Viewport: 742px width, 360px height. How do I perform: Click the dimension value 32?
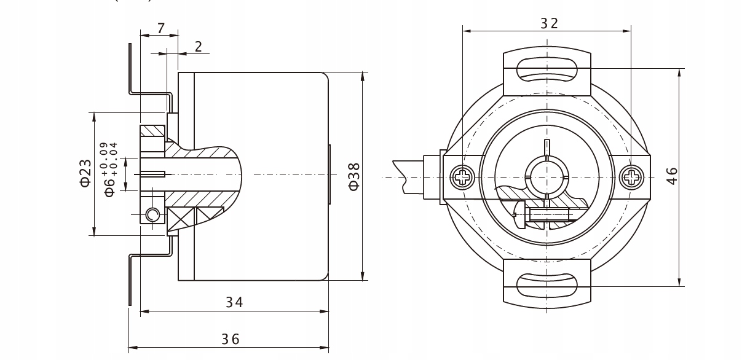click(x=549, y=23)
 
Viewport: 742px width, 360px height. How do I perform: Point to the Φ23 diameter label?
click(x=85, y=173)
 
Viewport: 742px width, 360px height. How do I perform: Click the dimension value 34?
click(x=234, y=302)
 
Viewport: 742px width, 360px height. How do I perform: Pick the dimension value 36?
click(x=231, y=338)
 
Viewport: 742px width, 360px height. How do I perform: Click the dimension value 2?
click(x=198, y=47)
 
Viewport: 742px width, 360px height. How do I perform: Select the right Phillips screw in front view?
click(x=631, y=178)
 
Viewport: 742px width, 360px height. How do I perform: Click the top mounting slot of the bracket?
click(x=547, y=69)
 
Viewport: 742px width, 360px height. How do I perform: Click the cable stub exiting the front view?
click(x=408, y=175)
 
